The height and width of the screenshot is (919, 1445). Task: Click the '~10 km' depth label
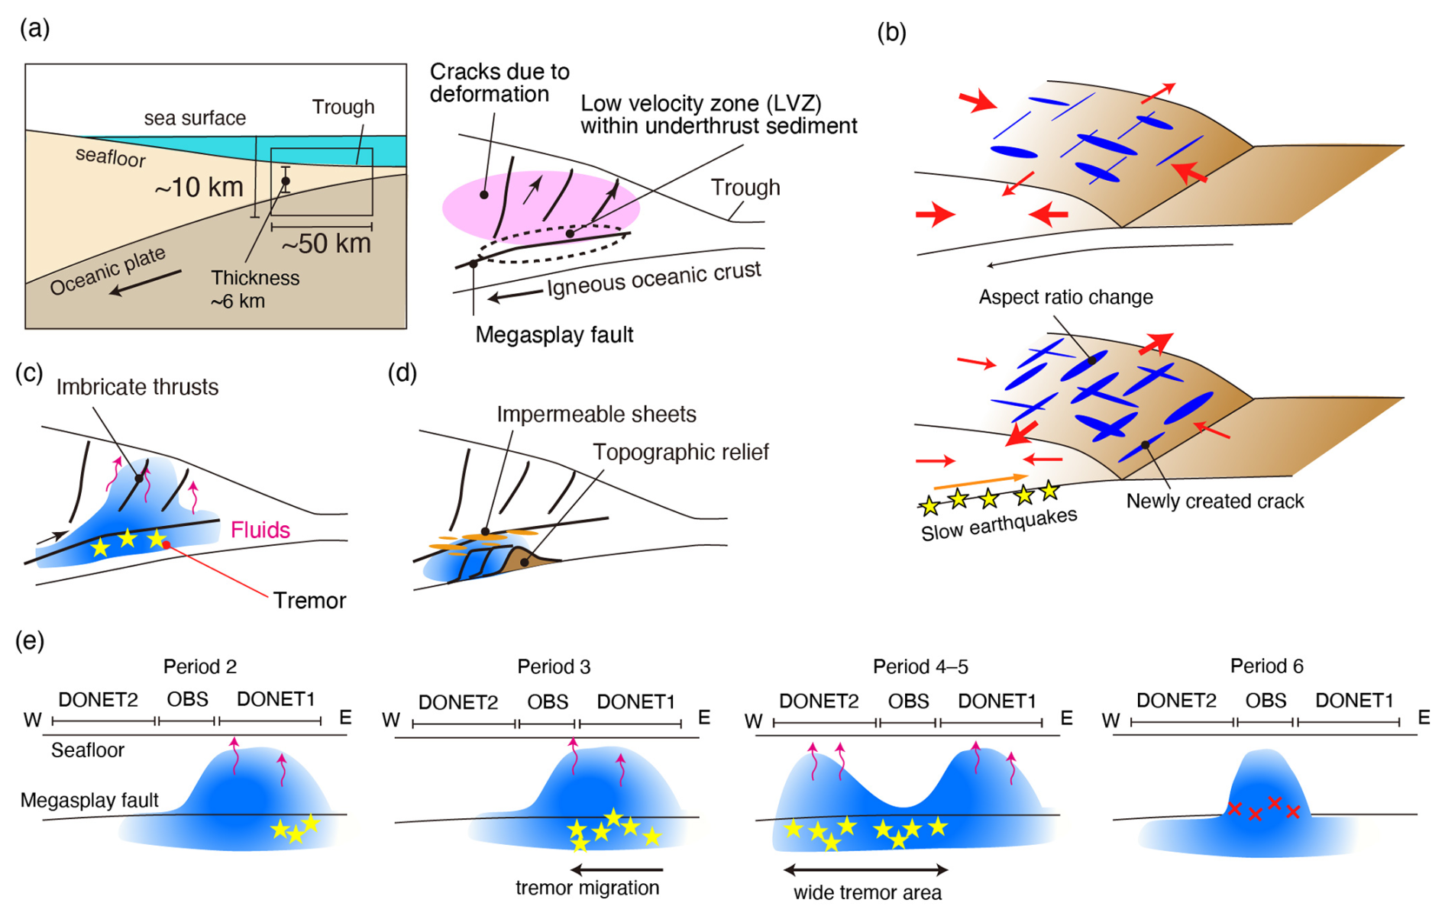point(199,188)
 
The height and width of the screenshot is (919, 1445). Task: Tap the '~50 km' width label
point(326,244)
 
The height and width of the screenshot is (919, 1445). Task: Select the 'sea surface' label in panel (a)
point(195,118)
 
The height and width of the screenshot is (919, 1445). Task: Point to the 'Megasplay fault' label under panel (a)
point(554,335)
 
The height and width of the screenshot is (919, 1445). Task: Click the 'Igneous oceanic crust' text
point(654,279)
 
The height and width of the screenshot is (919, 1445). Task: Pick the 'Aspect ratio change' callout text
point(1065,297)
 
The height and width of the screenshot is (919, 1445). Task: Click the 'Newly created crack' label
point(1214,501)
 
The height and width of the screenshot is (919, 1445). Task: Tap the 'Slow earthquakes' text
point(999,524)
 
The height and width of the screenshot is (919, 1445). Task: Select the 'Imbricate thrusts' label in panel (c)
point(137,387)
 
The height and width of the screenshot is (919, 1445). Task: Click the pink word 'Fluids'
point(260,530)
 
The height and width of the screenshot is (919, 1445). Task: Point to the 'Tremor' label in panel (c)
point(309,601)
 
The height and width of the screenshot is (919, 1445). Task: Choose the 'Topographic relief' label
point(680,453)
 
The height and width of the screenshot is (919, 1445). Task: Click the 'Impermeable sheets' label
point(596,414)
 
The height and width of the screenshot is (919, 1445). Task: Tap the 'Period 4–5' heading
point(920,667)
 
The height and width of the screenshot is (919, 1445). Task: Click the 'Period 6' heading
point(1266,666)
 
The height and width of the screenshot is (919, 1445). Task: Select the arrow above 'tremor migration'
point(617,869)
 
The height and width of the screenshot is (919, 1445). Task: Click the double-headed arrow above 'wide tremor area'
point(866,869)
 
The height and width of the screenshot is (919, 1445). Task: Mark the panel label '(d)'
point(402,373)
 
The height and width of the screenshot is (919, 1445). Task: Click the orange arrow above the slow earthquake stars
point(981,482)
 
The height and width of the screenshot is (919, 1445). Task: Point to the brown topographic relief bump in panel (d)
point(527,561)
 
